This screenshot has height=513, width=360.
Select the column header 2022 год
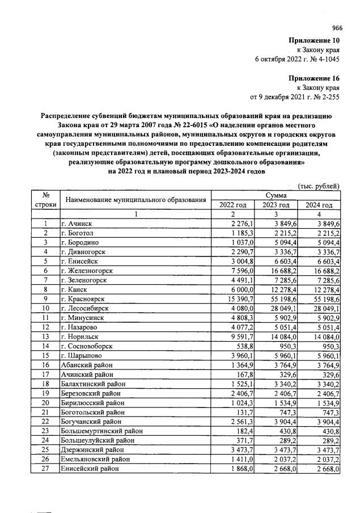233,205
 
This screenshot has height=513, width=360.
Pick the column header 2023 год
276,205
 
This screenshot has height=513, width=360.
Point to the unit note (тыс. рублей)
319,186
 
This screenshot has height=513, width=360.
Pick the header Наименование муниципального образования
135,200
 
